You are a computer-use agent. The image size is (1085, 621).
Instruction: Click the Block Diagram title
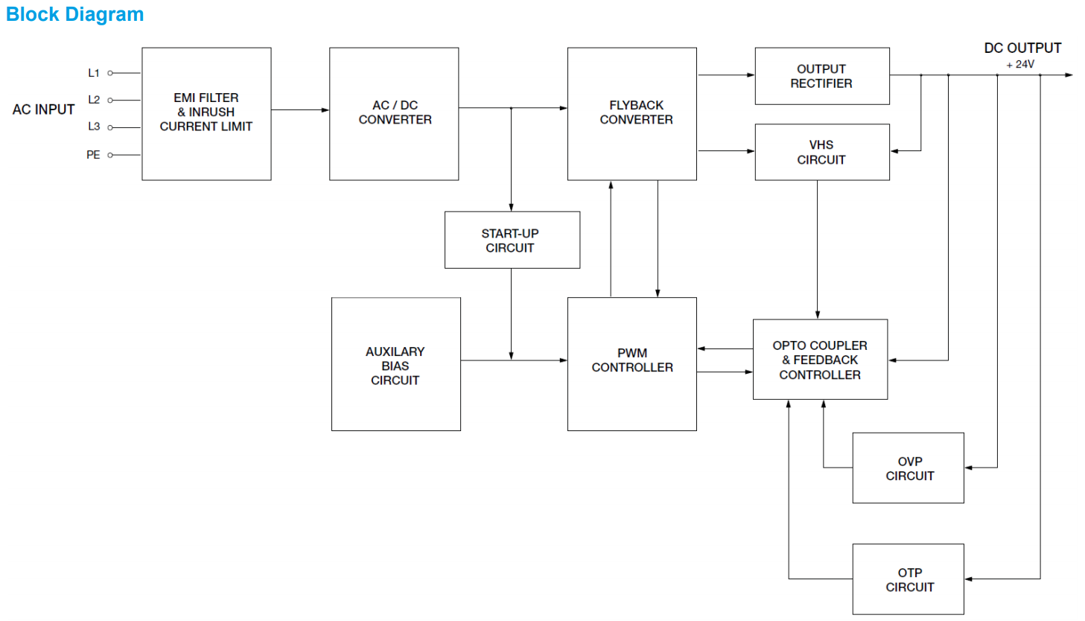coord(74,15)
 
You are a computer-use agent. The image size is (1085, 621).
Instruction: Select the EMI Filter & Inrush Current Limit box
coord(206,113)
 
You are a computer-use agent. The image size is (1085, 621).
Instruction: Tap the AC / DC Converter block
coord(394,113)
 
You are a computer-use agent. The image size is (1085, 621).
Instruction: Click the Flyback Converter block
coord(631,113)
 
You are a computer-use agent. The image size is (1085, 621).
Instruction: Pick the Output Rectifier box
coord(821,76)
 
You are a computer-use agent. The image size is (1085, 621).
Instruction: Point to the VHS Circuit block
coord(821,152)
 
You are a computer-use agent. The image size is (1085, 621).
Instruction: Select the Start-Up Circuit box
coord(512,240)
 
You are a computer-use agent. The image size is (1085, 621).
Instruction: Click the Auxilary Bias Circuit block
coord(395,364)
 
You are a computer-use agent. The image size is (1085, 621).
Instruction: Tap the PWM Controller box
coord(631,363)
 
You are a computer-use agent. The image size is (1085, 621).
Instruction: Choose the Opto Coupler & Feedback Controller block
coord(820,360)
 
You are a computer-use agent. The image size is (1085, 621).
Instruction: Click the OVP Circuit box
coord(908,468)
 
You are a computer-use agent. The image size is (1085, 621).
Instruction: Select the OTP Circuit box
coord(908,579)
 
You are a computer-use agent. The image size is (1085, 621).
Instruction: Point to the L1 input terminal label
coord(94,73)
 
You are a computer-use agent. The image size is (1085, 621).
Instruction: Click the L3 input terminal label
coord(94,127)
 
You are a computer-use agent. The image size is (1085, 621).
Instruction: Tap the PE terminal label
coord(93,155)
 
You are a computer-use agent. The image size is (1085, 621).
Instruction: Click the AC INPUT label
coord(44,109)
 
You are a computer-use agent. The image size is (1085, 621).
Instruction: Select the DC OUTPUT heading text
coord(1022,48)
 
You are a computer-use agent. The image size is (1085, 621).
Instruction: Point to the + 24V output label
coord(1020,65)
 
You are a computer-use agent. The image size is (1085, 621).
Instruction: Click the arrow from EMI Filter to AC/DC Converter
coord(300,110)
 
